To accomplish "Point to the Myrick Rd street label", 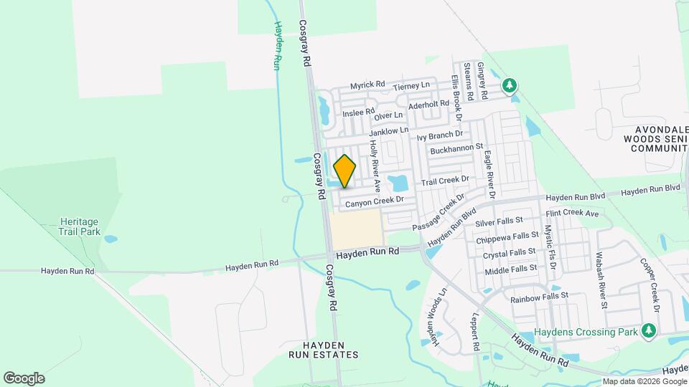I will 367,85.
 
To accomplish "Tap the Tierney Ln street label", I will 411,85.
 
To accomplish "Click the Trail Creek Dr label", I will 445,181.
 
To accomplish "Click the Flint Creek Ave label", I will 571,214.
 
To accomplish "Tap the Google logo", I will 24,378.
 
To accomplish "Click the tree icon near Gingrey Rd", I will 510,86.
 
